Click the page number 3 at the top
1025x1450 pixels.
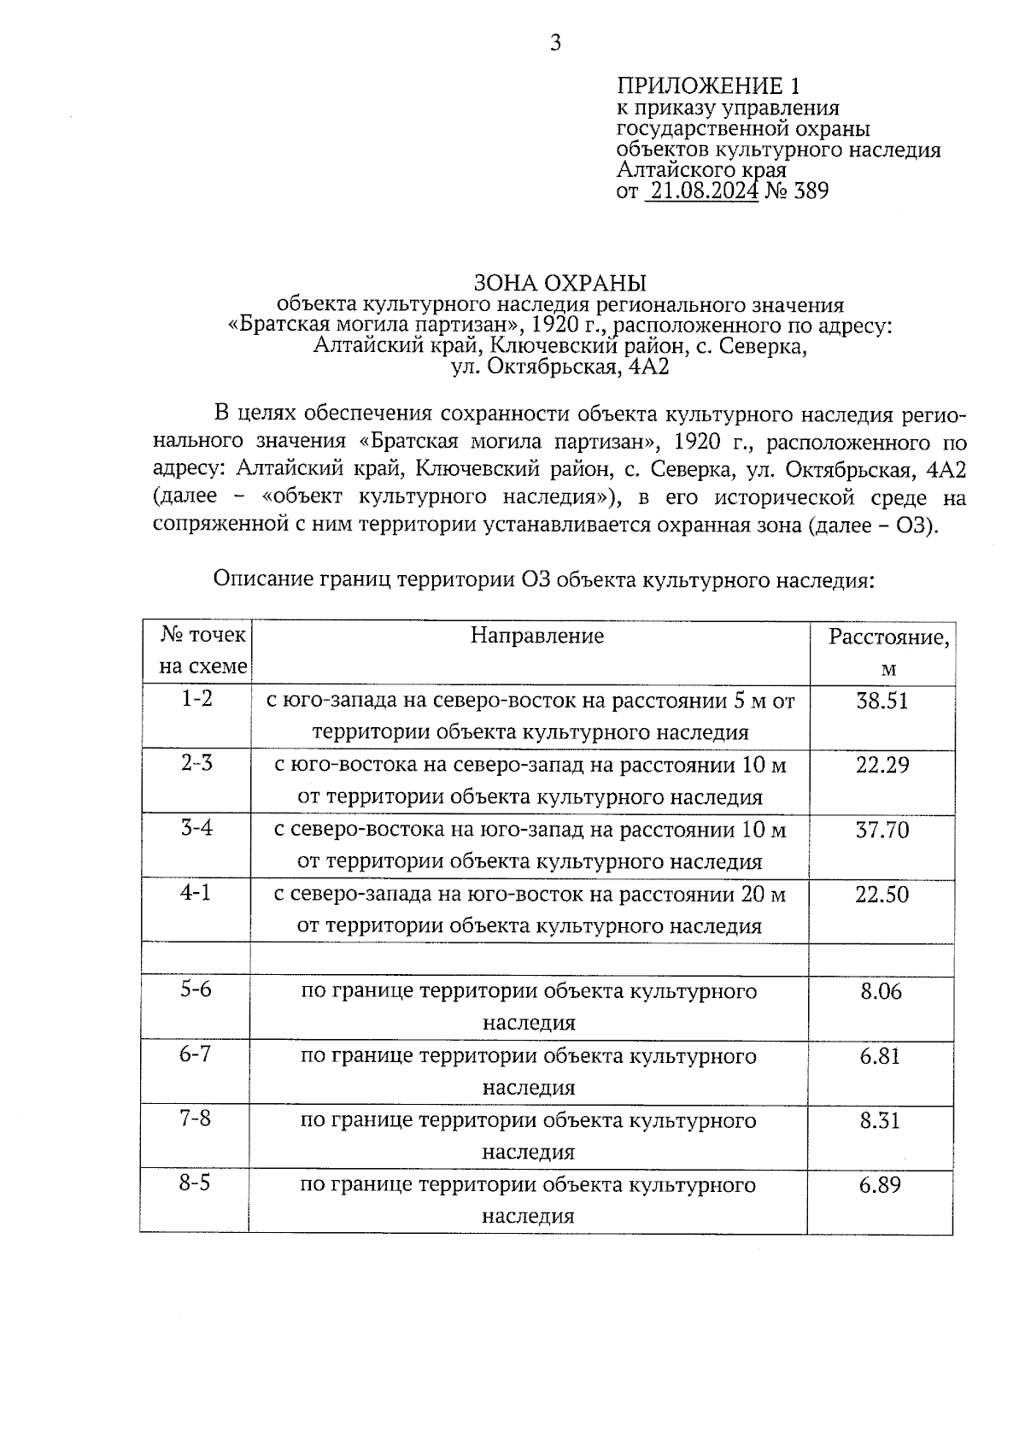coord(555,43)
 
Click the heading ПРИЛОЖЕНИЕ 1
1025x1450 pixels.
coord(709,85)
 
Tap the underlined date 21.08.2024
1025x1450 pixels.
coord(704,191)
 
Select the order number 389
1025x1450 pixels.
coord(811,191)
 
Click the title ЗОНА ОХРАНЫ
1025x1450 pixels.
coord(559,283)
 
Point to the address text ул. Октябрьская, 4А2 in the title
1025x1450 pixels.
coord(559,368)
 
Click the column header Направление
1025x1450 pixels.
coord(537,636)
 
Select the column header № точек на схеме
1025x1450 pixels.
coord(203,650)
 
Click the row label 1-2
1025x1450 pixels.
coord(196,699)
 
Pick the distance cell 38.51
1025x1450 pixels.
coord(882,702)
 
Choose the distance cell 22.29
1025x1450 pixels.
coord(882,766)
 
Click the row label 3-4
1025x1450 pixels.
coord(196,828)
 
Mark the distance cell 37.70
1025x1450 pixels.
coord(882,831)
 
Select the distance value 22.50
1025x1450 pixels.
coord(882,895)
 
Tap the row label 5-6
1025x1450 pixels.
coord(196,989)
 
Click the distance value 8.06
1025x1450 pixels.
coord(881,992)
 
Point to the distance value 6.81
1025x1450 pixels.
coord(881,1057)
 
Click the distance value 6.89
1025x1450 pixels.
coord(881,1186)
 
